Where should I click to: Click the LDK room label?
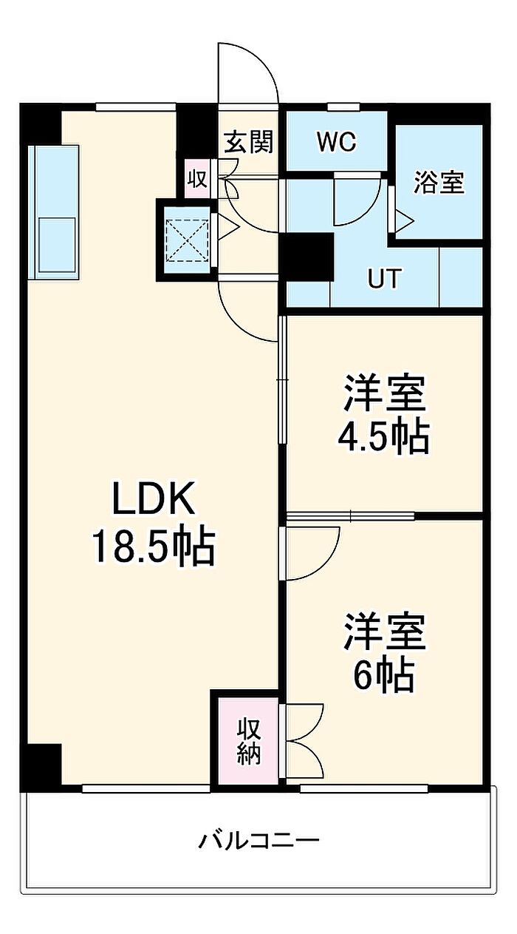coord(154,498)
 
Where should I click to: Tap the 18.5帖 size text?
coord(153,547)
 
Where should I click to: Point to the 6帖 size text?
coord(384,676)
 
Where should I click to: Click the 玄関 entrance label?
coord(249,142)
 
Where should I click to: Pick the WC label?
coord(337,142)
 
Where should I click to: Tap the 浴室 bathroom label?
coord(439,183)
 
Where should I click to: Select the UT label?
coord(385,279)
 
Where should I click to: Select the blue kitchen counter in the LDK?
coord(54,212)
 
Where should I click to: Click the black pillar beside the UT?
coord(307,257)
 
